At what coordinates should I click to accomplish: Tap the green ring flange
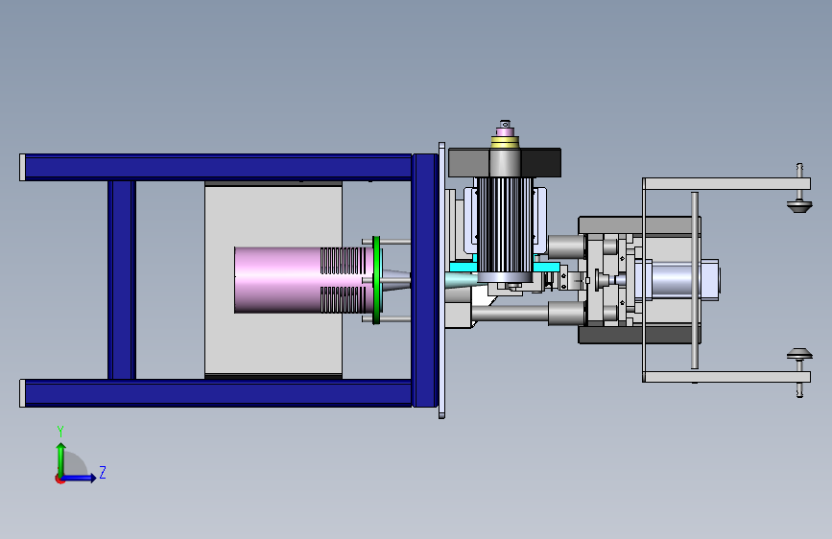click(x=376, y=280)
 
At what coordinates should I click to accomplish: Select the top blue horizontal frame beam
click(x=217, y=167)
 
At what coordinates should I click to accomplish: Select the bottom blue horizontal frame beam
click(x=217, y=393)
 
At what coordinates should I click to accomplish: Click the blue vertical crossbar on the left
click(x=122, y=280)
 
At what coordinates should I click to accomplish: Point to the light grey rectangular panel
click(x=273, y=280)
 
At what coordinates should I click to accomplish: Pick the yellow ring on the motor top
click(x=505, y=142)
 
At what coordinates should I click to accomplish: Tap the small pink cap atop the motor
click(x=505, y=129)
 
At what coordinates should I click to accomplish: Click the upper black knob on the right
click(x=799, y=205)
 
